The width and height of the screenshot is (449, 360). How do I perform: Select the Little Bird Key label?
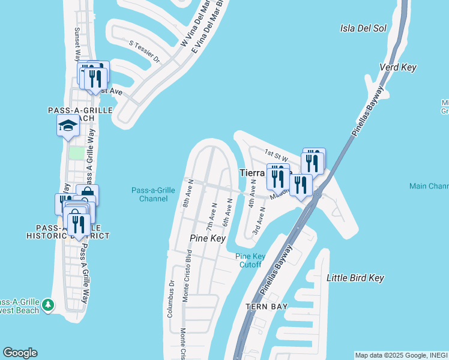tap(355, 278)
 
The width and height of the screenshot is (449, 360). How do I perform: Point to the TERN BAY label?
tap(266, 307)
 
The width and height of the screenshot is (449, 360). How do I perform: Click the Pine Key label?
tap(207, 238)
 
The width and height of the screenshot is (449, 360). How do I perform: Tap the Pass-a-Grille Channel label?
tap(153, 194)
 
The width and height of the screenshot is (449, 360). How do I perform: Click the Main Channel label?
tap(429, 187)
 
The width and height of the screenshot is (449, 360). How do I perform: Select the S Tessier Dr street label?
tap(145, 52)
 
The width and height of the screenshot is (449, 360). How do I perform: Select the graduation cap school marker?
tap(68, 126)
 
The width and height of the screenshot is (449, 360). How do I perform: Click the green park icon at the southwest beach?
tap(47, 305)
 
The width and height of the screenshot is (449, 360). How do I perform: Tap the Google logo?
tap(20, 353)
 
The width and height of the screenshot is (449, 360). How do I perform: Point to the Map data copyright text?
tap(401, 355)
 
